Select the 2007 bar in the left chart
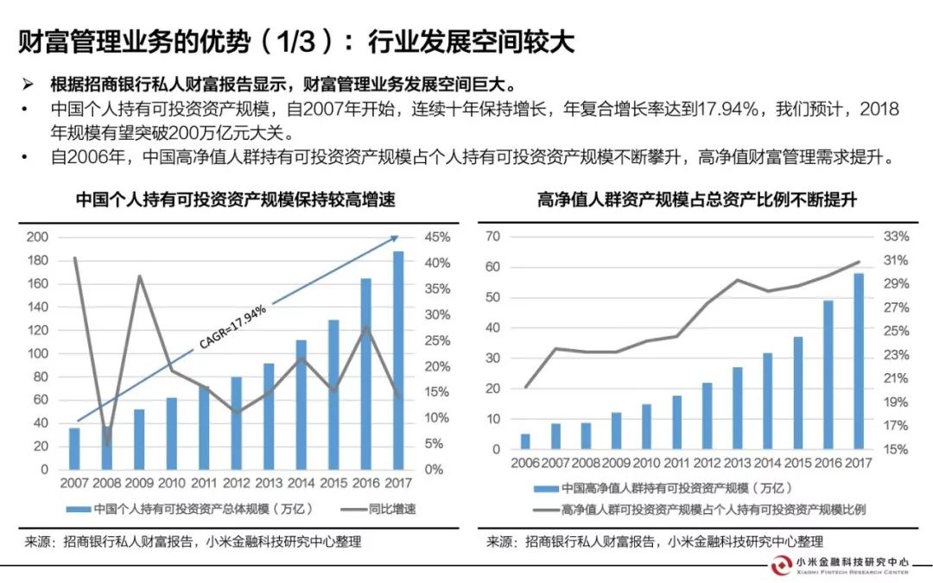(74, 448)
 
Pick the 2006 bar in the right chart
(525, 441)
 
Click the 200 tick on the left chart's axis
(37, 238)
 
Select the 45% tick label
(434, 238)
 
